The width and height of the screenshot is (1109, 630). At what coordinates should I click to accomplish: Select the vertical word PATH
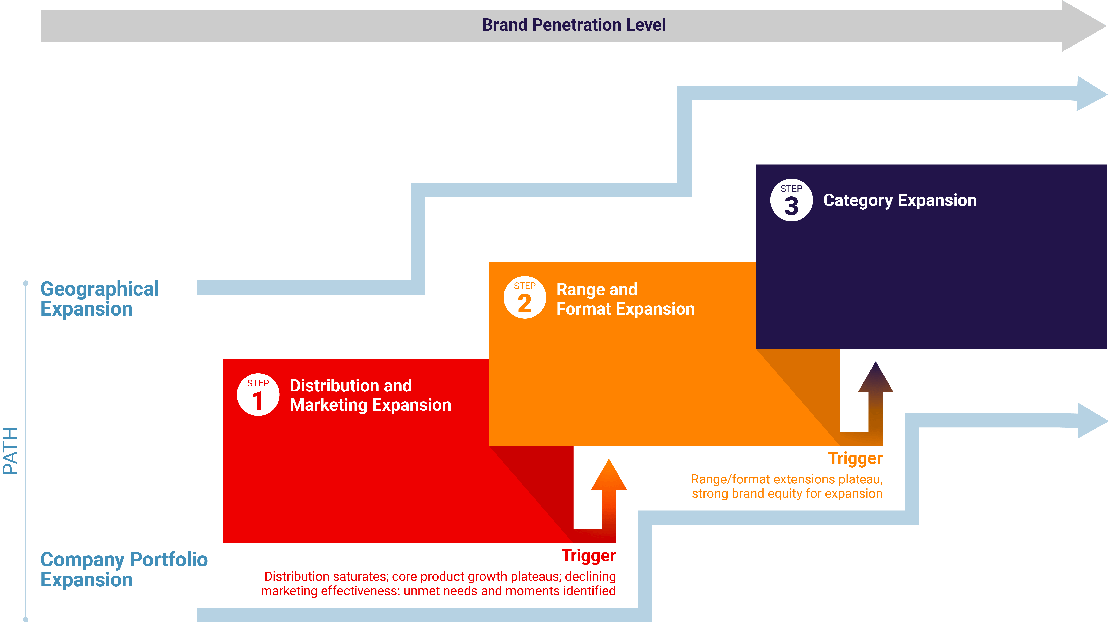(x=10, y=451)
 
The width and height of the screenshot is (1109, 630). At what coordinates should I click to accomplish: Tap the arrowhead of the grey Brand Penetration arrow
(x=1082, y=26)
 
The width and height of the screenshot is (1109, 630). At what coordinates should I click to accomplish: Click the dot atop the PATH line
(x=26, y=283)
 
